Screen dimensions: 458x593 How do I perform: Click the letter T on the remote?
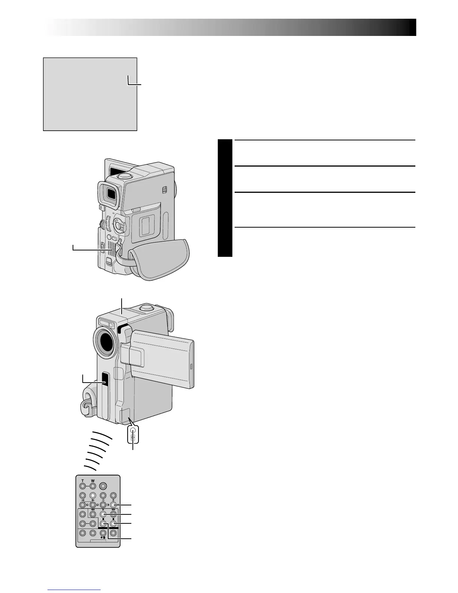pyautogui.click(x=82, y=480)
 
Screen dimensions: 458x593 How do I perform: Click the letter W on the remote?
pyautogui.click(x=92, y=480)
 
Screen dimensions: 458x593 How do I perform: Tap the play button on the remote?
pyautogui.click(x=103, y=514)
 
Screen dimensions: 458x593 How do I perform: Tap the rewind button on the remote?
pyautogui.click(x=92, y=514)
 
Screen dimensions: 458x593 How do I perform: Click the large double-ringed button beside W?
pyautogui.click(x=103, y=487)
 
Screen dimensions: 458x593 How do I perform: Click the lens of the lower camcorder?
pyautogui.click(x=104, y=342)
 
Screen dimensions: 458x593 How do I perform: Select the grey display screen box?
pyautogui.click(x=90, y=94)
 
